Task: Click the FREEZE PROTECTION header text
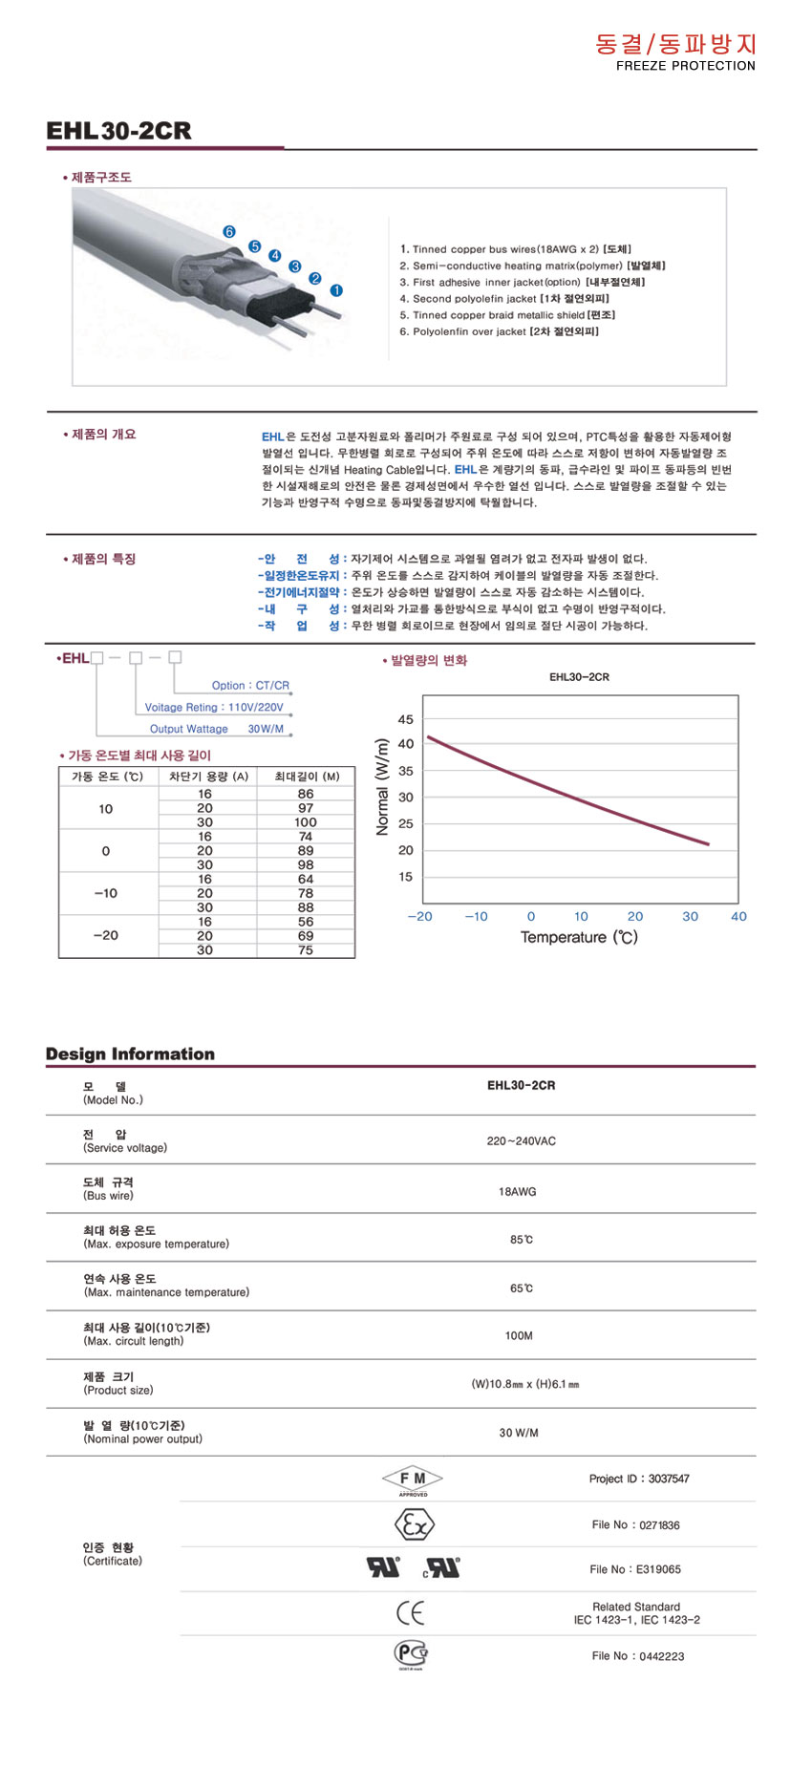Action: (x=685, y=66)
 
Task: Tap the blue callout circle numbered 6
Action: (x=229, y=232)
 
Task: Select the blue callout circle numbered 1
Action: (x=336, y=290)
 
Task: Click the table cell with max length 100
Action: (x=306, y=822)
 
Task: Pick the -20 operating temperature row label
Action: (x=105, y=936)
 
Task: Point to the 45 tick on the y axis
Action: (x=406, y=720)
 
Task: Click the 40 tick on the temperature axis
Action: (x=738, y=917)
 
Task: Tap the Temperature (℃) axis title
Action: (x=579, y=938)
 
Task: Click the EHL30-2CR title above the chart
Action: (x=579, y=677)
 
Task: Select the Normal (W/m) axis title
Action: (x=383, y=787)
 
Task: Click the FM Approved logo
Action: (x=413, y=1480)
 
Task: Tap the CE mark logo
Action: (x=411, y=1614)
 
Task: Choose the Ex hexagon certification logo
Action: (x=414, y=1525)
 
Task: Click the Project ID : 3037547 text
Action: (x=639, y=1479)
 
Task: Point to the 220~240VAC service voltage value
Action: (x=521, y=1141)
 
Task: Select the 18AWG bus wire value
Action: (x=518, y=1192)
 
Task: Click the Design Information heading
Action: (x=130, y=1054)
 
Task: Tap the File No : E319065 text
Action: (x=635, y=1569)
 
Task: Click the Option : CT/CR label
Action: (x=250, y=686)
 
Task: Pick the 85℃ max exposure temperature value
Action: (x=521, y=1240)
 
